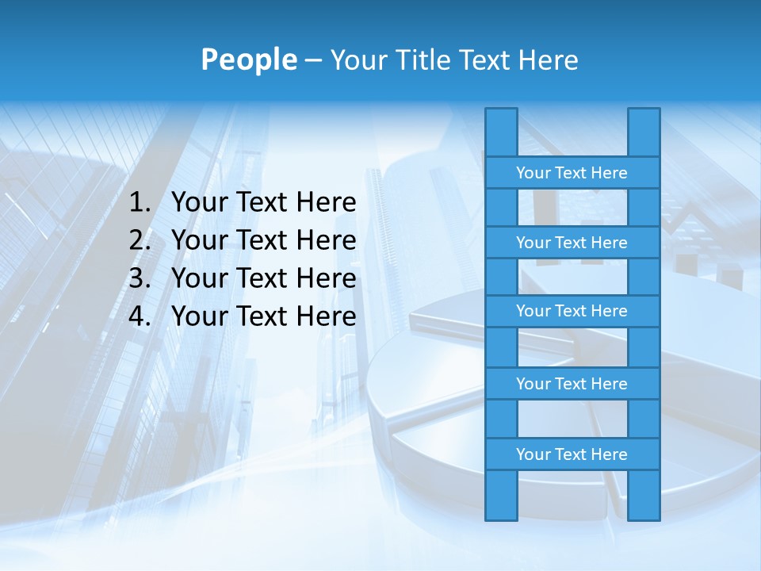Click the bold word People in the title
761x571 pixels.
[249, 59]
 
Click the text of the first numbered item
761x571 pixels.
[263, 203]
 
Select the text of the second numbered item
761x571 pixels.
[263, 240]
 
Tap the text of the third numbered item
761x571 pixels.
[263, 278]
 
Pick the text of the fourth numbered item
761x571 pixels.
[263, 316]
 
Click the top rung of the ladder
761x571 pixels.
[572, 173]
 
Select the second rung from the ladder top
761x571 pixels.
[572, 243]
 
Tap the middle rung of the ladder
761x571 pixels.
[572, 311]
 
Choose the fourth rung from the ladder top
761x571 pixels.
[572, 384]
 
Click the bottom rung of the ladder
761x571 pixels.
[572, 454]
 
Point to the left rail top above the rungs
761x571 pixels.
[501, 132]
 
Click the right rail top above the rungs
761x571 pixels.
[644, 132]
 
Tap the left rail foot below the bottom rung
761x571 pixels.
[501, 495]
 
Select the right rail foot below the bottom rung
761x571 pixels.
[644, 495]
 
